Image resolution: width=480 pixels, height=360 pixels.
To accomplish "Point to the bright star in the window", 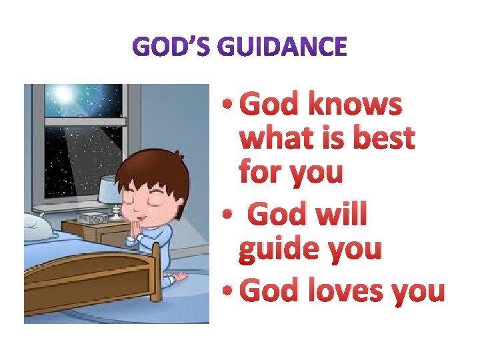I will (x=64, y=94).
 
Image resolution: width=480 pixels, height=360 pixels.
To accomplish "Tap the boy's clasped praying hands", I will (x=139, y=233).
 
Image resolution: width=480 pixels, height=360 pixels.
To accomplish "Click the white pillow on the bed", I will (x=40, y=227).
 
